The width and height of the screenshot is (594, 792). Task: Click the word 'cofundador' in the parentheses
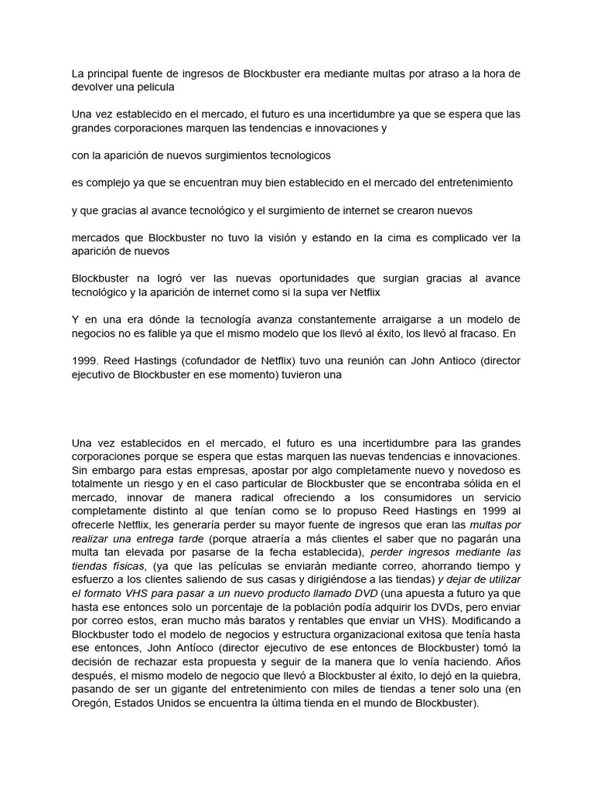(212, 360)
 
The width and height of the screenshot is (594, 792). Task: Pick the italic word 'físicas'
(126, 565)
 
